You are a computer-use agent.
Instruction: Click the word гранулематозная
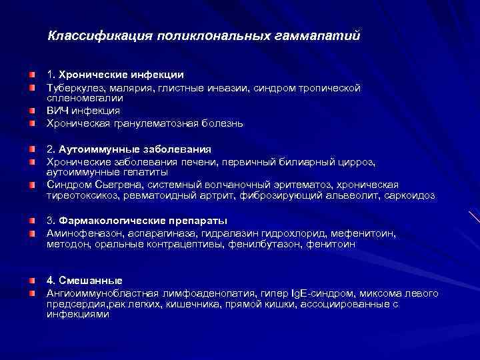click(145, 123)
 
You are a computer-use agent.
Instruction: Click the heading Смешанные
click(89, 279)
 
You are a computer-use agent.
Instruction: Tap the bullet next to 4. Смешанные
click(33, 279)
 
